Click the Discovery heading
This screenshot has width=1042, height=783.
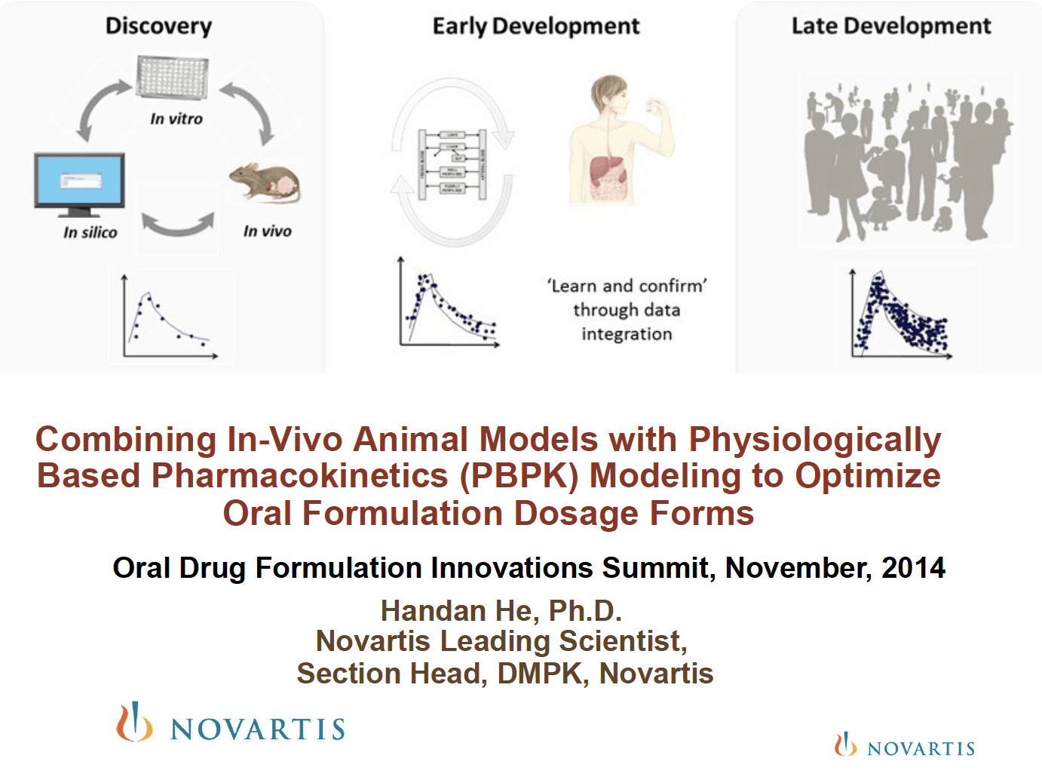[x=158, y=26]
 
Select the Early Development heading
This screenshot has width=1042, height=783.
[x=535, y=26]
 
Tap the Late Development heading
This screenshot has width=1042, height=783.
[x=890, y=26]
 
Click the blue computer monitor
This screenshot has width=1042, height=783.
[x=79, y=183]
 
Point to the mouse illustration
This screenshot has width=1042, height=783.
[x=265, y=183]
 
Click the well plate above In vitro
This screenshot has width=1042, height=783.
[x=173, y=78]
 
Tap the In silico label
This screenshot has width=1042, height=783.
[x=90, y=232]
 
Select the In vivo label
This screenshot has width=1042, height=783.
[x=267, y=231]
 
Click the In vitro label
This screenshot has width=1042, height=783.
[x=176, y=118]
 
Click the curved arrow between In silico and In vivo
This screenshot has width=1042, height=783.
[x=178, y=224]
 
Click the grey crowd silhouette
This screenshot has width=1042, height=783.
[x=907, y=161]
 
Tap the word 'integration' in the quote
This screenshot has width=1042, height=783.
[x=627, y=334]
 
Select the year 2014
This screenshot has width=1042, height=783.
[x=913, y=568]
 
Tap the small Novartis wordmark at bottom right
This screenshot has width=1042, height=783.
[x=921, y=748]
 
